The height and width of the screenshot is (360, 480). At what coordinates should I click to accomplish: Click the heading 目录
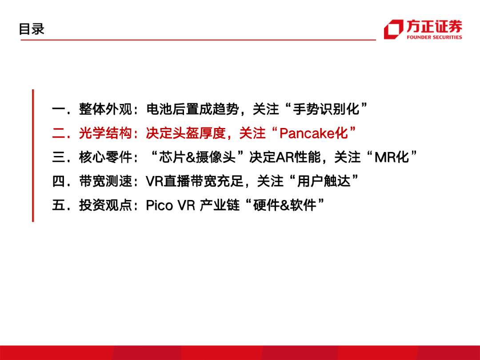(32, 29)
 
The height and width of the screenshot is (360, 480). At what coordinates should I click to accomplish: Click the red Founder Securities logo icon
(393, 29)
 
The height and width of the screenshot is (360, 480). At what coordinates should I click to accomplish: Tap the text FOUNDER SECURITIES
(434, 37)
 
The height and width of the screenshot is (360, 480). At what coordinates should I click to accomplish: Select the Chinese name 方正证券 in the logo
(434, 26)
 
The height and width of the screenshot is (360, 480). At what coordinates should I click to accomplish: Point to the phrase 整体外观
(106, 109)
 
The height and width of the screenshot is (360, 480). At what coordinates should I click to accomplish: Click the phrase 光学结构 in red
(106, 133)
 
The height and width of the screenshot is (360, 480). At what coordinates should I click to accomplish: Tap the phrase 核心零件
(106, 157)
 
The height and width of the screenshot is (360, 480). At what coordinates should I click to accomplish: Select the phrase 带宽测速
(106, 181)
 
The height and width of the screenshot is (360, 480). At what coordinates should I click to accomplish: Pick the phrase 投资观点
(106, 205)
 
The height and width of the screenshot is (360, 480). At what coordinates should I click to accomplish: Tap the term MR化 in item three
(392, 157)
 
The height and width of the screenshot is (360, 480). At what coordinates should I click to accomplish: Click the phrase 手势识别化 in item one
(326, 109)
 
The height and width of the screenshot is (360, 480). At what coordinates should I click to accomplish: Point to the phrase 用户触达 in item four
(324, 181)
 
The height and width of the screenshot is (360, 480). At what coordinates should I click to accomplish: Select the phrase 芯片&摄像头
(197, 157)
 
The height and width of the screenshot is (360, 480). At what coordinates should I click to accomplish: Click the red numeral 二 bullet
(58, 133)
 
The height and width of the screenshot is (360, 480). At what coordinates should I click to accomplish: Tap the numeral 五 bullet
(58, 205)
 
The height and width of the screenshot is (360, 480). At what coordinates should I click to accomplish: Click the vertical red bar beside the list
(33, 156)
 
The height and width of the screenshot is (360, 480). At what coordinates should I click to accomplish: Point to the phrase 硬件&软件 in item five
(285, 205)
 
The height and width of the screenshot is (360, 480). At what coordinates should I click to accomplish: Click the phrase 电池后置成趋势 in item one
(192, 109)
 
